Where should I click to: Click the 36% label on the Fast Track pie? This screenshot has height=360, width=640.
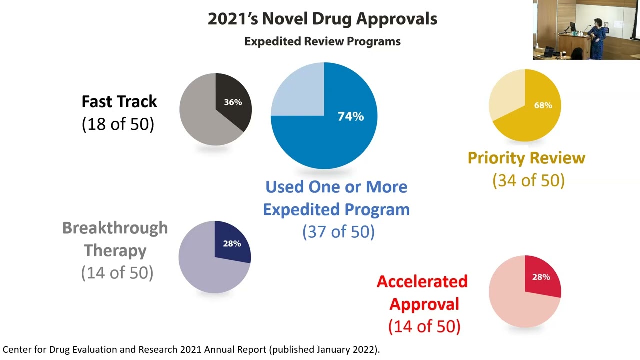[233, 102]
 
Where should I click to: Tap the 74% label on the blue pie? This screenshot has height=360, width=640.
[351, 116]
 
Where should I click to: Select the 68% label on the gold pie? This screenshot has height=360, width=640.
[543, 105]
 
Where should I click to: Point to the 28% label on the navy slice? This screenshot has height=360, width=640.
[232, 243]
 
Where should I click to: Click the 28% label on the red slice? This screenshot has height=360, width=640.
[541, 277]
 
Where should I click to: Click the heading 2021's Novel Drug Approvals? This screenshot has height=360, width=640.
[322, 19]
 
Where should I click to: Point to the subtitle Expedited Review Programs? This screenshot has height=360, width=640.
[322, 41]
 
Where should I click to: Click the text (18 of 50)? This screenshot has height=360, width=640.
[118, 124]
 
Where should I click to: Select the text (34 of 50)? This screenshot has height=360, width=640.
[529, 180]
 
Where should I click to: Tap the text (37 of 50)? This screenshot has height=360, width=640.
[338, 231]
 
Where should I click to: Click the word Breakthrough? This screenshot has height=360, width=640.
[115, 228]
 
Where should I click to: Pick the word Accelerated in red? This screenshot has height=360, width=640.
[422, 281]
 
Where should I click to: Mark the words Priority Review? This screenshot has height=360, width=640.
[526, 158]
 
